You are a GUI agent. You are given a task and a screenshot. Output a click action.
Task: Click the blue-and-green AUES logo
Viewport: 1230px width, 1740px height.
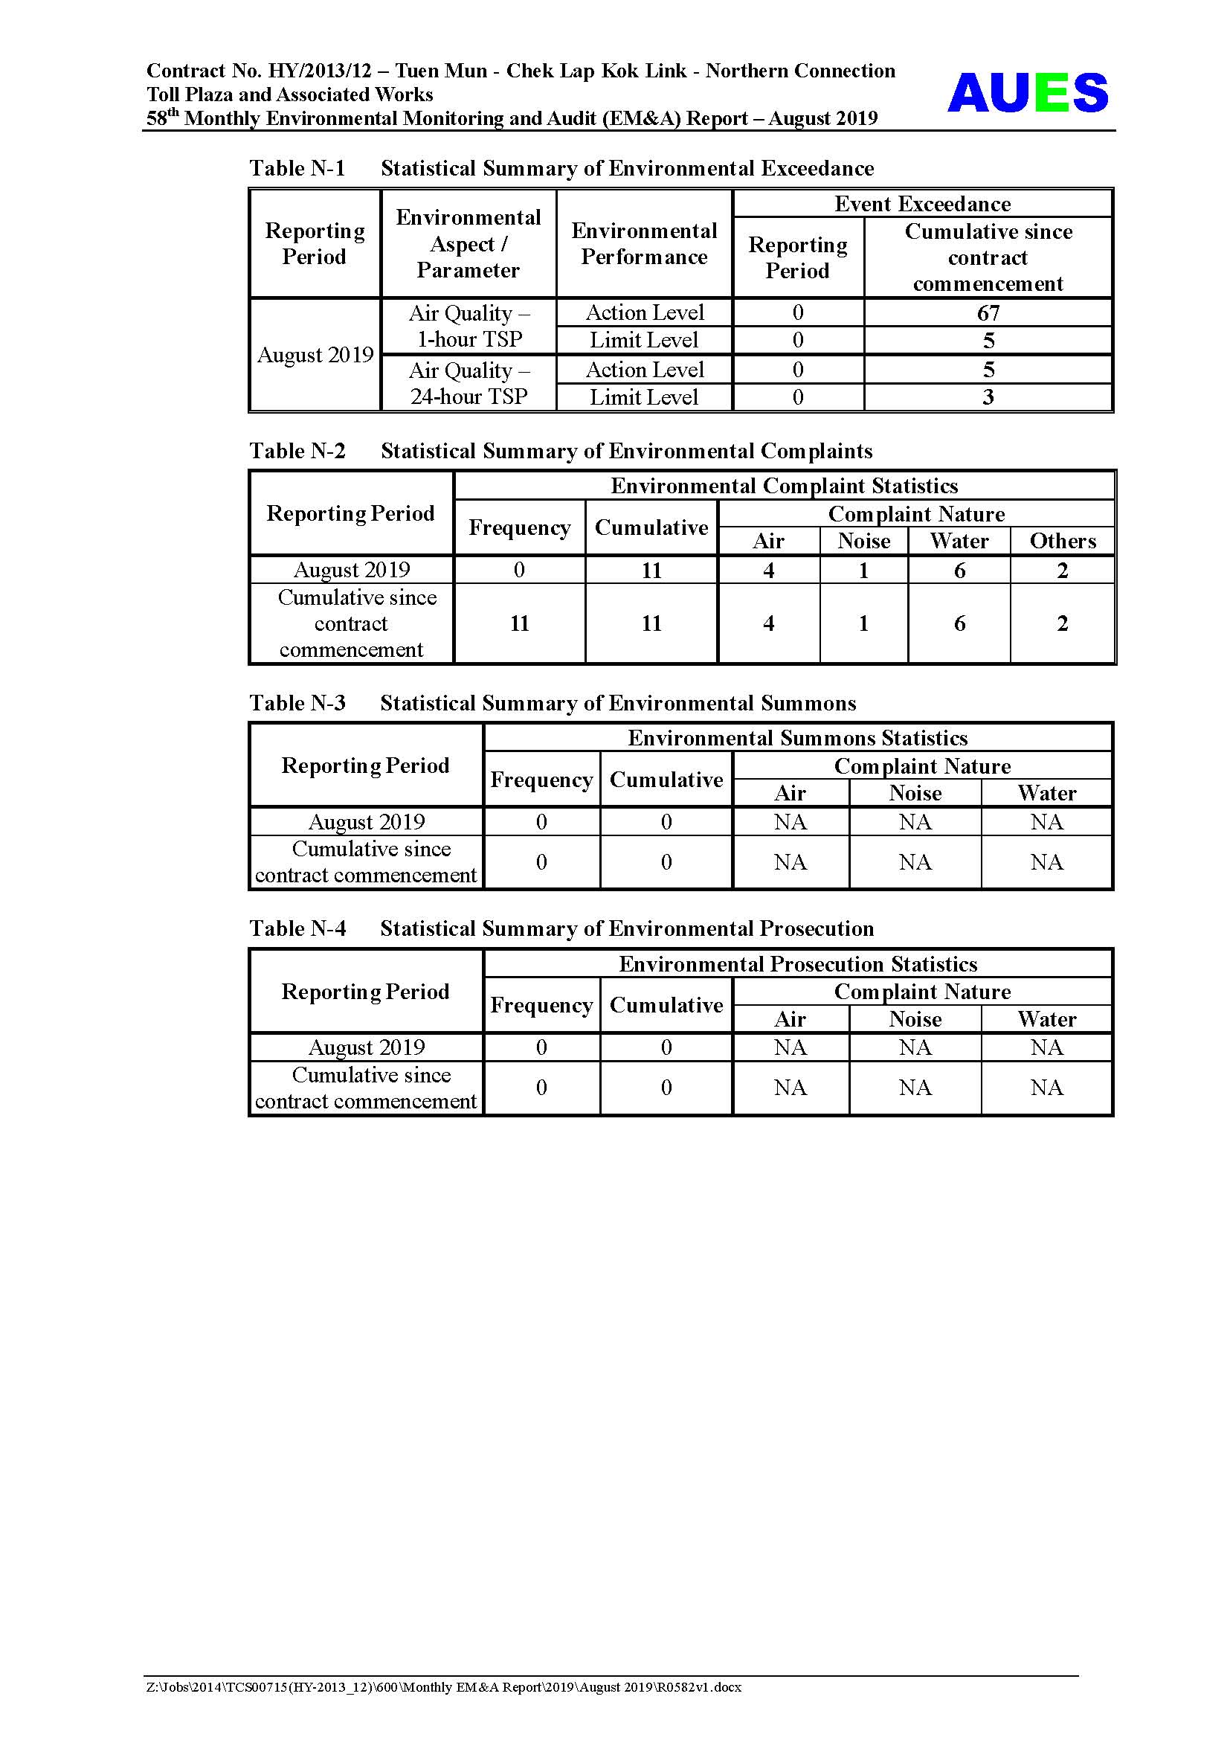click(1027, 93)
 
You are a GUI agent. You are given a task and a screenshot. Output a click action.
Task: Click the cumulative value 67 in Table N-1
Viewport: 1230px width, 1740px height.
click(988, 313)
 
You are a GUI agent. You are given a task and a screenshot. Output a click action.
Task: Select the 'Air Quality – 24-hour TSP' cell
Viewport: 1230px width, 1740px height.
click(469, 383)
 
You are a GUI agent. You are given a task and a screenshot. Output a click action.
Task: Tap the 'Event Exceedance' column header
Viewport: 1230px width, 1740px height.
click(922, 204)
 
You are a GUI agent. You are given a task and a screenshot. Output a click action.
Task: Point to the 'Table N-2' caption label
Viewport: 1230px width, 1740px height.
click(297, 451)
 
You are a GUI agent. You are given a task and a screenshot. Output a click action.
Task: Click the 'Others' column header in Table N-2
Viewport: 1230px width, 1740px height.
click(1063, 541)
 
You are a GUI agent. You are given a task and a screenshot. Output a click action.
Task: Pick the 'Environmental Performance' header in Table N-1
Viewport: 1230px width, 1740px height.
click(644, 243)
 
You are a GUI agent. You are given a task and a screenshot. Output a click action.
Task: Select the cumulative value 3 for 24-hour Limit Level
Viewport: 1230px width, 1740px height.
click(988, 397)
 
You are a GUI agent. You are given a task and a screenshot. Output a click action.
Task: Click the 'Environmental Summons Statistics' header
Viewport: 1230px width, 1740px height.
click(797, 738)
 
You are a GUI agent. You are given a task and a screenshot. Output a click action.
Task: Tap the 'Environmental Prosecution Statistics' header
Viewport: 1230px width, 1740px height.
click(797, 964)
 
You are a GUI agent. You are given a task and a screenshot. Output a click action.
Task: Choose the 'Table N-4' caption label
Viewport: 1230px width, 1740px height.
click(297, 928)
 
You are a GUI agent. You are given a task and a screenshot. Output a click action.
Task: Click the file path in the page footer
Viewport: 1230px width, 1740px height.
click(444, 1687)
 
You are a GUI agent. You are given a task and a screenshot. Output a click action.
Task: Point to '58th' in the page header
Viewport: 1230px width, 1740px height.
click(162, 118)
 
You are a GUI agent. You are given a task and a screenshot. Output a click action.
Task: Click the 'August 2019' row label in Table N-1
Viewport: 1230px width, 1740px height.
click(315, 355)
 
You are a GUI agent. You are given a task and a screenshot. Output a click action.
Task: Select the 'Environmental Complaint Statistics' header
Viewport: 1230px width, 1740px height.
click(784, 486)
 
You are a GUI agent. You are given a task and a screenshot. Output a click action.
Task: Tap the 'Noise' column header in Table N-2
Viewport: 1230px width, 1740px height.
click(863, 541)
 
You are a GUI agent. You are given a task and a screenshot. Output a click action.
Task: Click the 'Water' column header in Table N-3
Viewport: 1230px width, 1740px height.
click(1047, 794)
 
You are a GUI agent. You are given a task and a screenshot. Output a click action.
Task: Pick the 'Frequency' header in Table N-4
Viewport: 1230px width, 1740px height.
click(541, 1005)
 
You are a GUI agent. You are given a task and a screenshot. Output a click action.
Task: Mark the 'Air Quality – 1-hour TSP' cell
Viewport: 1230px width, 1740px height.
click(469, 326)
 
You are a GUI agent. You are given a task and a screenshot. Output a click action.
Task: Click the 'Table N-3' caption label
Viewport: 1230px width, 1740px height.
click(297, 703)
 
